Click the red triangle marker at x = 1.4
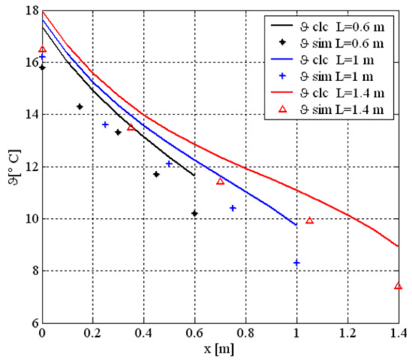coord(399,286)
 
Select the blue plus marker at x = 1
coord(297,262)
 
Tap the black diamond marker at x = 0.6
coord(195,214)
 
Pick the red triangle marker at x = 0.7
coord(220,181)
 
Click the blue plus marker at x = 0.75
coord(233,208)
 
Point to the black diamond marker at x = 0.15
coord(80,106)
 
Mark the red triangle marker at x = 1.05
coord(309,220)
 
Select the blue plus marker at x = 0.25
coord(106,124)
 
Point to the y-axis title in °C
coord(11,168)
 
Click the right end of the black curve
coord(195,175)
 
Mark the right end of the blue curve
coord(297,224)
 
